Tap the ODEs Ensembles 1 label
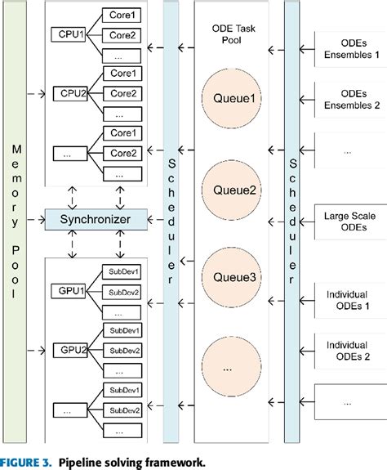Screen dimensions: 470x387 349,48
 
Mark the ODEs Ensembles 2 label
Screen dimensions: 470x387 349,98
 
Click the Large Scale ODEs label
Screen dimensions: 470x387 349,222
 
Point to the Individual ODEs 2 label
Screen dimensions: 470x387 349,350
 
